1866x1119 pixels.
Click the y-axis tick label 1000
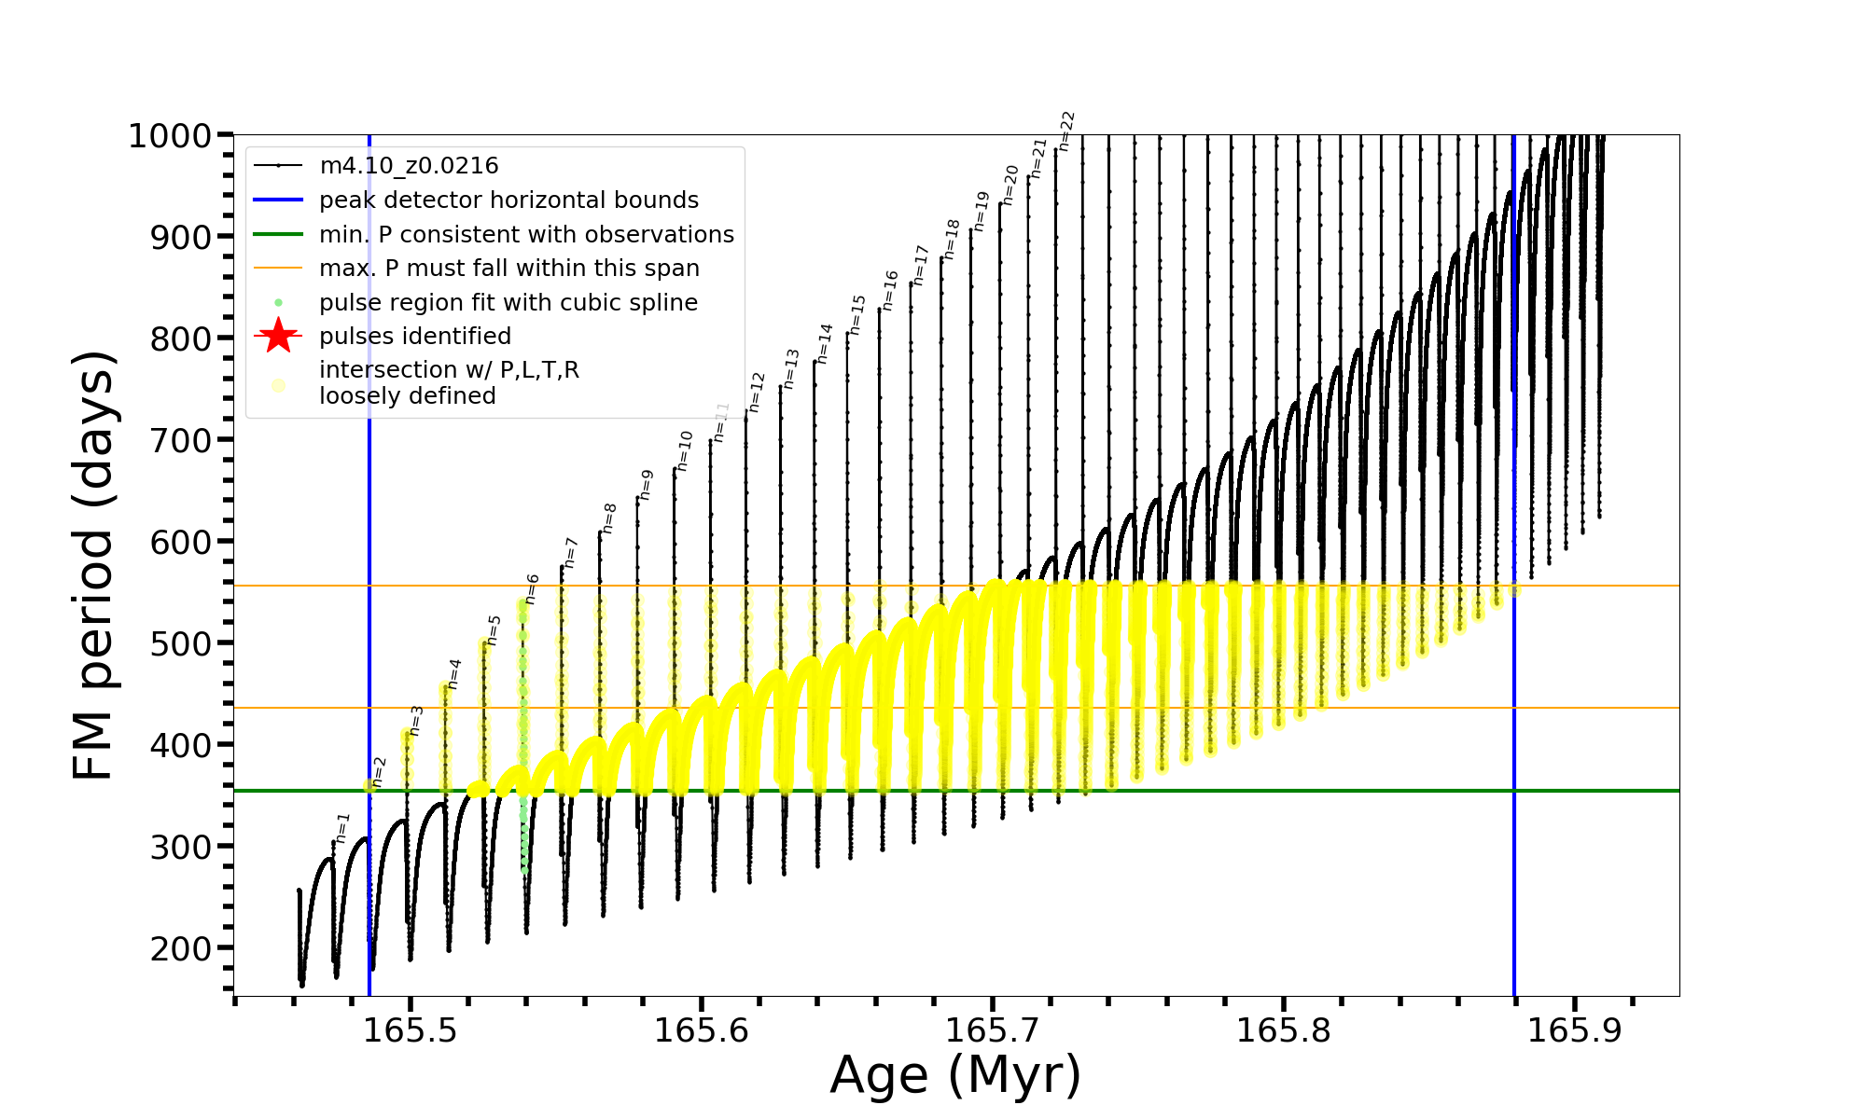coord(170,136)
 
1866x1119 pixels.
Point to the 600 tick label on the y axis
coord(181,542)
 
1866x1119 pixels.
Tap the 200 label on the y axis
coord(181,948)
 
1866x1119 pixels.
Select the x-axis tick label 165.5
coord(410,1030)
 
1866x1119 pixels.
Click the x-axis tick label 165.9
coord(1575,1030)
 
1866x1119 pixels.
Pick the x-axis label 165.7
coord(993,1030)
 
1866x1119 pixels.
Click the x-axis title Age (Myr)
coord(955,1075)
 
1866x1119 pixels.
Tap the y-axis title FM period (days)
coord(94,565)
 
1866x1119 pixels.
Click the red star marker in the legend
coord(278,336)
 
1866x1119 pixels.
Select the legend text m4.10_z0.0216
coord(409,166)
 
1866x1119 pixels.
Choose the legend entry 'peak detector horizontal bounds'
coord(508,200)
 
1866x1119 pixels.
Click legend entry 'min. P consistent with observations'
coord(526,234)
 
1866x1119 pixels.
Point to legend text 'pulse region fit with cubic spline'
coord(508,303)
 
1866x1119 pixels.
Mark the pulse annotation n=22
coord(1067,131)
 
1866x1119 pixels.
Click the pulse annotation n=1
coord(342,828)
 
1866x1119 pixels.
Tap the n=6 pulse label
coord(532,589)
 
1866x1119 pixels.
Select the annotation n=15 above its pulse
coord(858,315)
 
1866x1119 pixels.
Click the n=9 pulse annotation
coord(647,486)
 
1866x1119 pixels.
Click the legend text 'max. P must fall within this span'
coord(509,269)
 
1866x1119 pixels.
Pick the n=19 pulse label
coord(981,212)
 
